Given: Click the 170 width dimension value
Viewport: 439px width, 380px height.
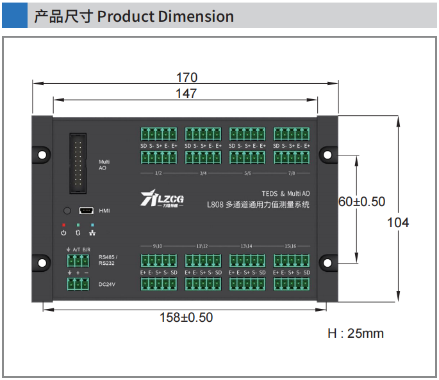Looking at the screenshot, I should click(x=186, y=77).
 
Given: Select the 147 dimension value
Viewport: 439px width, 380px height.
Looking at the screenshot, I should click(x=186, y=93).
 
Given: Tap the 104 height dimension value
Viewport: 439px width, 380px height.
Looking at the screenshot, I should click(x=398, y=223).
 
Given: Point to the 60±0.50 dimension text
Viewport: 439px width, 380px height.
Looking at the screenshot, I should click(x=362, y=202).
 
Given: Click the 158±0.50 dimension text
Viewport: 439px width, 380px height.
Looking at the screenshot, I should click(x=186, y=317).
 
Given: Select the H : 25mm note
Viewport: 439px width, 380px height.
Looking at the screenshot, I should click(x=356, y=333).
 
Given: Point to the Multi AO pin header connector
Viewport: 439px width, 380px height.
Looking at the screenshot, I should click(x=79, y=163).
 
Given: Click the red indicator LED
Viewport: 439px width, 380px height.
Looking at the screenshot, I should click(x=63, y=225).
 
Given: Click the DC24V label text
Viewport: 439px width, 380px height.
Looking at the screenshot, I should click(x=106, y=284).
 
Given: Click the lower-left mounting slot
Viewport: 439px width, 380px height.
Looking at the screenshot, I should click(x=42, y=263).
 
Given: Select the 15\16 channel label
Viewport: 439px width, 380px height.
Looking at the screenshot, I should click(x=291, y=246).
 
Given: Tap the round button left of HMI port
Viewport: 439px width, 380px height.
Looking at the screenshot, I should click(x=67, y=210).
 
